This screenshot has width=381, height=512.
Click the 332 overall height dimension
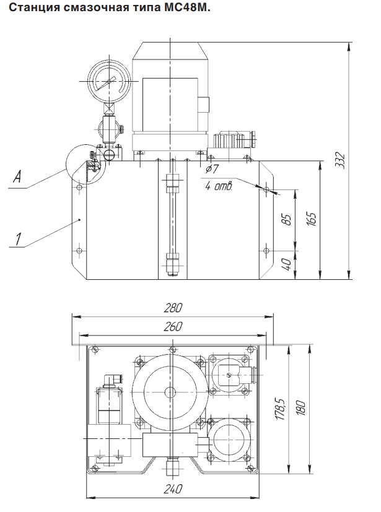[x=341, y=160]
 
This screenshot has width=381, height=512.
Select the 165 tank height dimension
[x=312, y=220]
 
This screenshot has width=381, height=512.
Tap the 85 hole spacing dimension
[x=287, y=219]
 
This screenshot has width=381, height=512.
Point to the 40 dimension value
[x=287, y=264]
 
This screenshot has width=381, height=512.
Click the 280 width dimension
[x=173, y=308]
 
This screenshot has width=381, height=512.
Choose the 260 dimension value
[x=173, y=326]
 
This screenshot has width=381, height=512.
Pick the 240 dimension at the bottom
[x=173, y=489]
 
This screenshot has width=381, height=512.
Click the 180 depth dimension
[x=300, y=408]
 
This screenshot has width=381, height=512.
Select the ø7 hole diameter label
[x=212, y=169]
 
